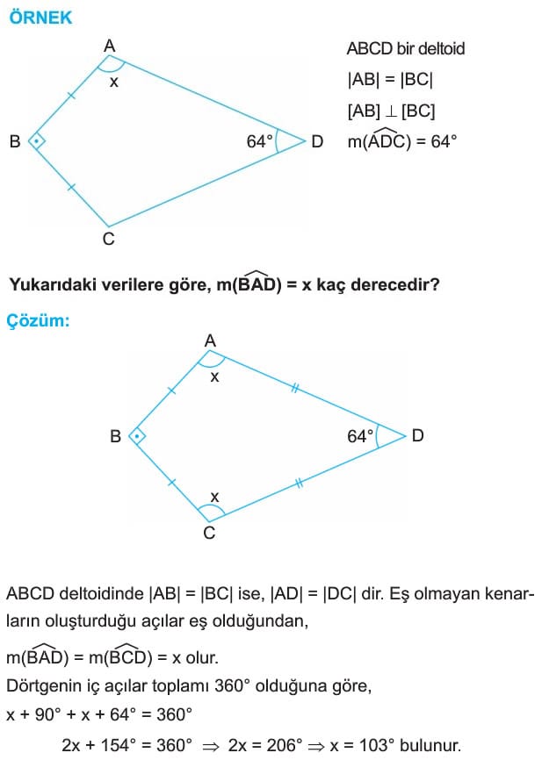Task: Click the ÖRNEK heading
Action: click(x=40, y=18)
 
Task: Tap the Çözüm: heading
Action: click(x=38, y=321)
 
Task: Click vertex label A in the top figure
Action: click(x=110, y=46)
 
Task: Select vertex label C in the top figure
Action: click(x=109, y=239)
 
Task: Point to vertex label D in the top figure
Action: click(x=317, y=141)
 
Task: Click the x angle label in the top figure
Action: click(x=114, y=82)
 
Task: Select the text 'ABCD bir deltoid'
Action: click(x=406, y=48)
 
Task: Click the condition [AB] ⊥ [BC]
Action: click(x=391, y=111)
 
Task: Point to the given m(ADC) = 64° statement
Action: click(x=402, y=140)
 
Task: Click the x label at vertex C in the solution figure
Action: click(x=214, y=497)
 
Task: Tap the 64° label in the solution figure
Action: click(x=360, y=436)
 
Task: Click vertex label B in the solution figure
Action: click(x=115, y=436)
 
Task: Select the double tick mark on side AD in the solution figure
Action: click(x=294, y=388)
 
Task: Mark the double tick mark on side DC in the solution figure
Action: click(x=299, y=483)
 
